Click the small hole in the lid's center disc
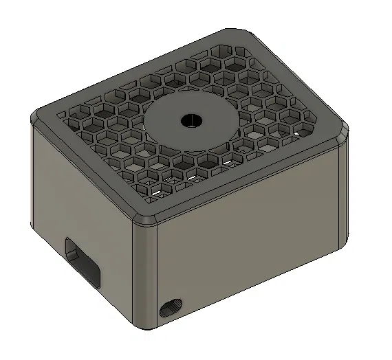pos(190,120)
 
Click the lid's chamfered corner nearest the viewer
pos(146,220)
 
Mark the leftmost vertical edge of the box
pos(32,179)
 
